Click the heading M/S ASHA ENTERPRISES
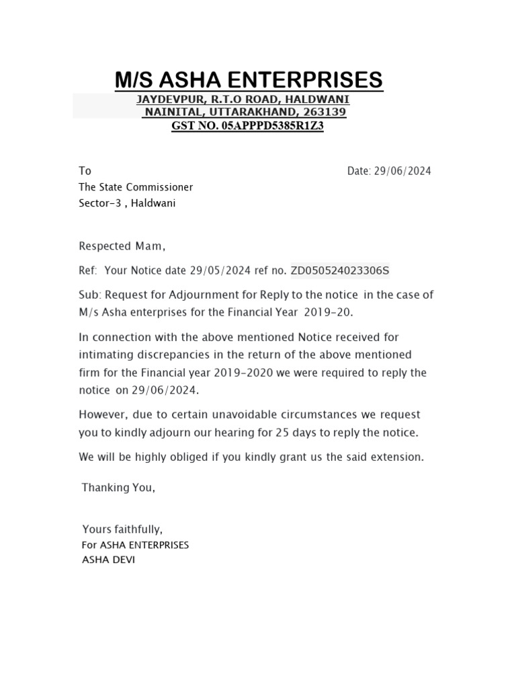pyautogui.click(x=249, y=80)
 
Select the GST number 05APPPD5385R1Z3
pyautogui.click(x=272, y=126)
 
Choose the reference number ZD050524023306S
pyautogui.click(x=339, y=270)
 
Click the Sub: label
pyautogui.click(x=89, y=295)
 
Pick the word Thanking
pyautogui.click(x=105, y=488)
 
